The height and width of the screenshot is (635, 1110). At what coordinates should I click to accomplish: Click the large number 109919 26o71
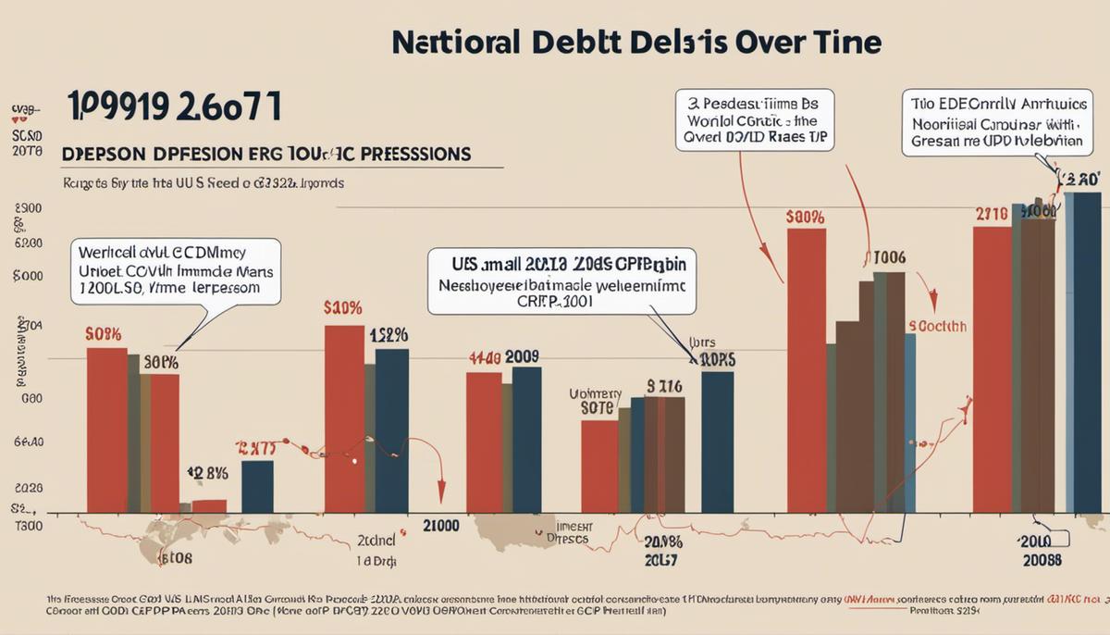(x=174, y=106)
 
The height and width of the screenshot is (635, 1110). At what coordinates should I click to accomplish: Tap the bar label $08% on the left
(x=105, y=333)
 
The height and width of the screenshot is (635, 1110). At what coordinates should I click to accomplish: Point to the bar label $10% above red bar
(x=342, y=308)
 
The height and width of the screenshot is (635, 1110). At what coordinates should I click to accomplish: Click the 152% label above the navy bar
(x=388, y=335)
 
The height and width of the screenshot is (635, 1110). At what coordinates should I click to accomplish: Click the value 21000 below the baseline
(x=440, y=526)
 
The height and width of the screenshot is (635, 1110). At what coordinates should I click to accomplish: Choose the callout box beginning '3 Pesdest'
(x=754, y=119)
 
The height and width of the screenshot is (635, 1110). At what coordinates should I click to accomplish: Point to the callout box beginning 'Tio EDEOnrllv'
(x=992, y=122)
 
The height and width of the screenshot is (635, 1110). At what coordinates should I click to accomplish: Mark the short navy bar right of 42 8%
(x=257, y=486)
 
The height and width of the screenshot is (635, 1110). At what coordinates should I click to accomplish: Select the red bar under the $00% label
(x=806, y=370)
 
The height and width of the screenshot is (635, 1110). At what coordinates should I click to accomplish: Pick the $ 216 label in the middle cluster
(x=664, y=386)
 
